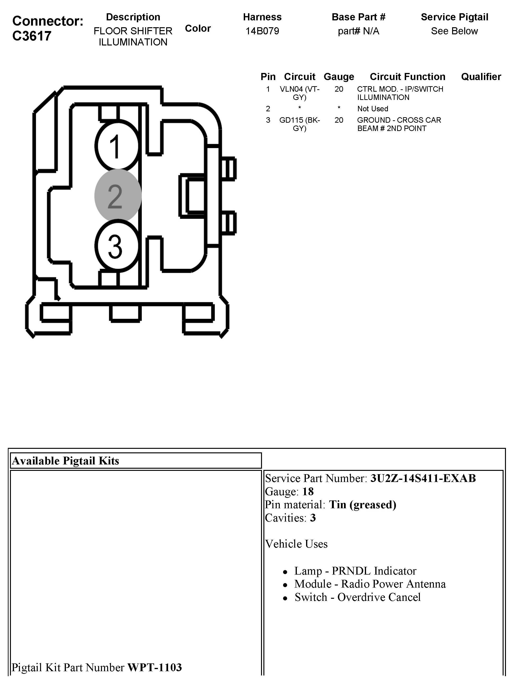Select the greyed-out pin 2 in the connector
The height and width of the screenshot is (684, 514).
(118, 196)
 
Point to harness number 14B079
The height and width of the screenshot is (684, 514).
(262, 31)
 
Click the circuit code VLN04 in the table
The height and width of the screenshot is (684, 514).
(299, 93)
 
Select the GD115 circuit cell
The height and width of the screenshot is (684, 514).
(299, 124)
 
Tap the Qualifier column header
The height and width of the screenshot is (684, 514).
(481, 77)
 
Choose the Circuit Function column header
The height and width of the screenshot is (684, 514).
(407, 77)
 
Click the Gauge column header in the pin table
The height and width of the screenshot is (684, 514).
(339, 77)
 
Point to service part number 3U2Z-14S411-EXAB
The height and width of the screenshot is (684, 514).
(423, 478)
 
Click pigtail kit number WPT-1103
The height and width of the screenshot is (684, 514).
(154, 667)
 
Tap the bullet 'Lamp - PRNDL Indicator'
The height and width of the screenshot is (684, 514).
(355, 571)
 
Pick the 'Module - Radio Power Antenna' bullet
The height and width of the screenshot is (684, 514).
(370, 584)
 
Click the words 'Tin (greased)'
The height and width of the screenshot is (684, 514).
(362, 505)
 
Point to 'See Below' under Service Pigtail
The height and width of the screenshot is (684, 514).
(454, 31)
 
